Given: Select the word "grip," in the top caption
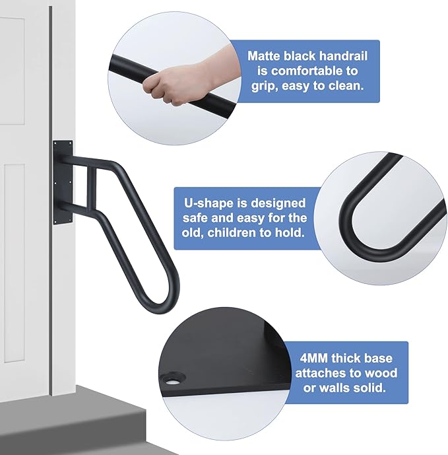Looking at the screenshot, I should pyautogui.click(x=264, y=86).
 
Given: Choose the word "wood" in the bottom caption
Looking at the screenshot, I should pyautogui.click(x=383, y=374).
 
